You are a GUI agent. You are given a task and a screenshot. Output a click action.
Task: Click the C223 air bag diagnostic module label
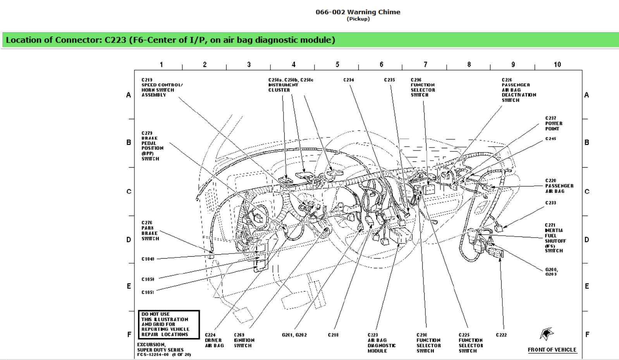[x=381, y=343]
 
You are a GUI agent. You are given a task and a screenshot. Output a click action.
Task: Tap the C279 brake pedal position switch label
[x=152, y=146]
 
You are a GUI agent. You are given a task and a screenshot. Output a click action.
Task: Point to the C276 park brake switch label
[x=150, y=231]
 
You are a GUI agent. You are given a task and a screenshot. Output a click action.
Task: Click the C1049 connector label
[x=148, y=259]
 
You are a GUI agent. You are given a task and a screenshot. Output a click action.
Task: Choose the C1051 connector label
[x=148, y=292]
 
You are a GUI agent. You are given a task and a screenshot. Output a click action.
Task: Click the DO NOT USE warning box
[x=169, y=324]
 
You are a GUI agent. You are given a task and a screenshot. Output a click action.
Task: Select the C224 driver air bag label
[x=214, y=340]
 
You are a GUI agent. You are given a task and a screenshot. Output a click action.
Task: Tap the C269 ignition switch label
[x=244, y=340]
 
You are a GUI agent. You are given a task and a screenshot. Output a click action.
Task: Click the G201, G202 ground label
[x=294, y=335]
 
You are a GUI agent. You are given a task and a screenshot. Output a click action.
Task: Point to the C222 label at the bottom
[x=501, y=335]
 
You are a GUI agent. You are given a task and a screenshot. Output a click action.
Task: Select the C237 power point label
[x=554, y=123]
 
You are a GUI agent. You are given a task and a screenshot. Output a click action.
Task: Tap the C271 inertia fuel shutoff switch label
[x=555, y=238]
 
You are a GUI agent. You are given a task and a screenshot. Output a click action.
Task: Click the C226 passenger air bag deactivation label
[x=518, y=90]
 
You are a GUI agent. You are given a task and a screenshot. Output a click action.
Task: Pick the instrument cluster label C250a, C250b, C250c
[x=290, y=85]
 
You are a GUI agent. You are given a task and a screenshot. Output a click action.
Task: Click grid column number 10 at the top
[x=557, y=65]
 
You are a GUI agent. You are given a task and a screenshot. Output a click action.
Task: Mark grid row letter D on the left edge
[x=129, y=240]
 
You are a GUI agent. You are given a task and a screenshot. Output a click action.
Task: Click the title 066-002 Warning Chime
[x=358, y=12]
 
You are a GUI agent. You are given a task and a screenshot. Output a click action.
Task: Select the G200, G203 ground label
[x=551, y=272]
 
